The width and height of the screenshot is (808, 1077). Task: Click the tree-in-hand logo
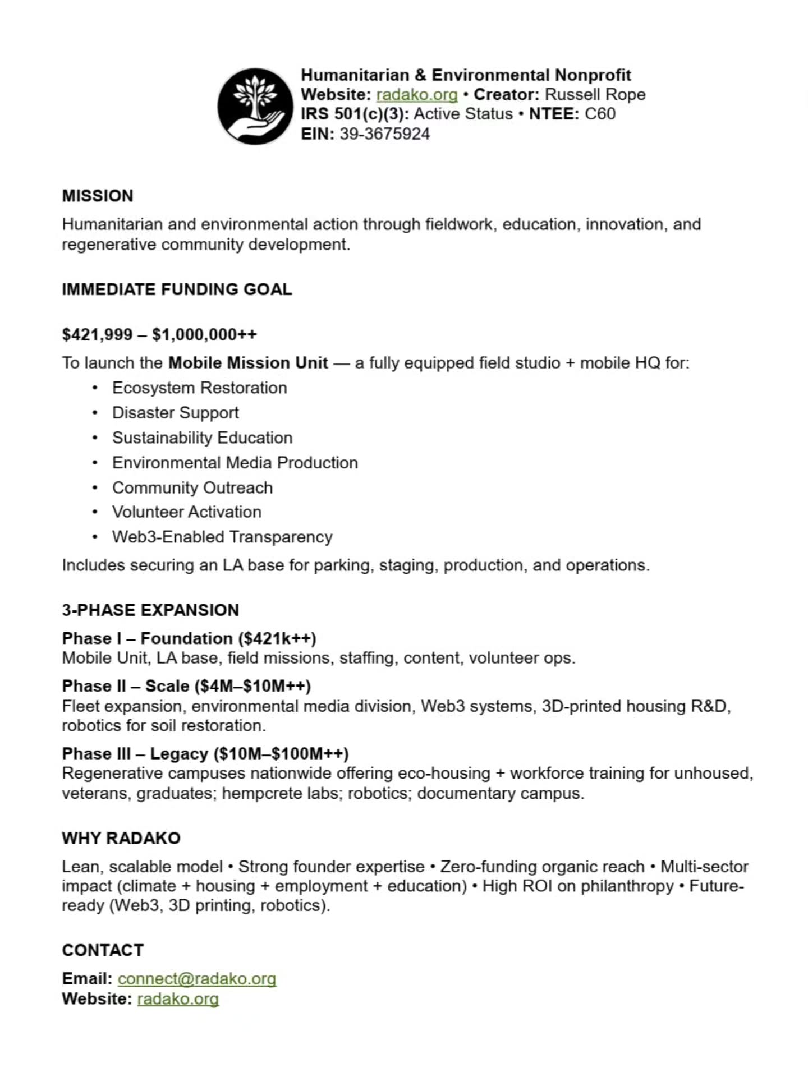(255, 106)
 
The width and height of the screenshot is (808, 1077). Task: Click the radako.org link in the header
(416, 94)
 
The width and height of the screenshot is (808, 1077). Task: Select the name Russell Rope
(595, 94)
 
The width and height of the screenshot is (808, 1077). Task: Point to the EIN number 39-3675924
(384, 134)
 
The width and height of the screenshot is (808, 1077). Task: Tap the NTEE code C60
(600, 114)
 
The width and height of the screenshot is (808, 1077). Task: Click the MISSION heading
(98, 196)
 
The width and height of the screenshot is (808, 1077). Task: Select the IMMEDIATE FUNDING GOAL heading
(177, 289)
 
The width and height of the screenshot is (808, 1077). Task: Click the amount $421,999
(97, 335)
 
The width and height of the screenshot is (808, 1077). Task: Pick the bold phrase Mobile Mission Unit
(248, 363)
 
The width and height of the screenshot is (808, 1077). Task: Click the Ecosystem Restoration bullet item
(199, 388)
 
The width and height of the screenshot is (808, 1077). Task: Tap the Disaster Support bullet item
(175, 413)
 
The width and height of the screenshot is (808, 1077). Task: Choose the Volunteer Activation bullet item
(186, 512)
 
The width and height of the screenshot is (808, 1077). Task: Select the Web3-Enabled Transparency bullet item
(222, 537)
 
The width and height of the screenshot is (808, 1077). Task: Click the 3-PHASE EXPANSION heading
(150, 610)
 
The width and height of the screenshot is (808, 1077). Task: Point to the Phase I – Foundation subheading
(189, 638)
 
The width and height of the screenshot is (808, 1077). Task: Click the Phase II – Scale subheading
(186, 686)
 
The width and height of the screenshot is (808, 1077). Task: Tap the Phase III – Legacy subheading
(205, 753)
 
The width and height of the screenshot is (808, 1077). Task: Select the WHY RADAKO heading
(121, 838)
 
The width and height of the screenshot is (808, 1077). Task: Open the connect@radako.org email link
(197, 979)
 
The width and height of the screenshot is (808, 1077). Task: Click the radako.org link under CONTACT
(178, 999)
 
